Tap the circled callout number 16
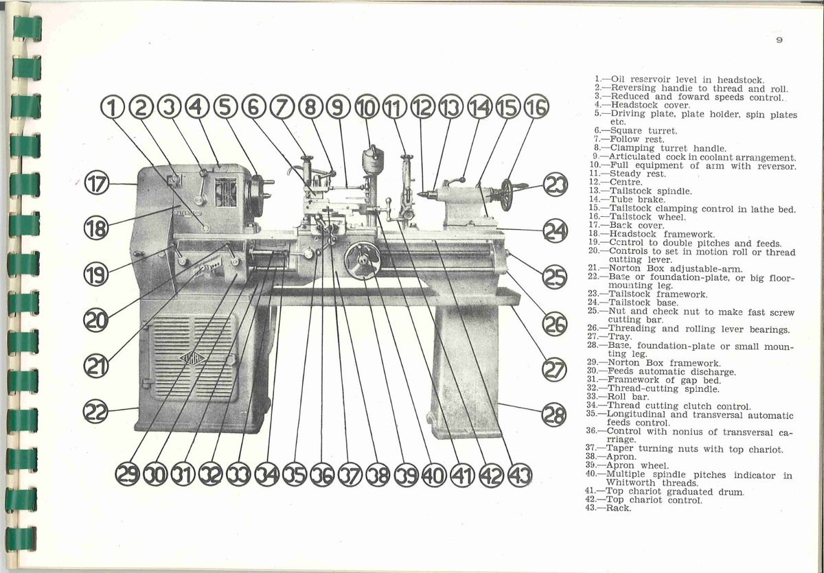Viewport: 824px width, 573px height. point(537,106)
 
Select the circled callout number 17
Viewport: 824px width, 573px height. point(97,184)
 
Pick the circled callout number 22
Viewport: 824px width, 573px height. point(95,412)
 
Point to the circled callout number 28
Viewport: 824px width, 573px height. point(554,415)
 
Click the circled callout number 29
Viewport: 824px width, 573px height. point(126,475)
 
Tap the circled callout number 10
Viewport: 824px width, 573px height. point(367,106)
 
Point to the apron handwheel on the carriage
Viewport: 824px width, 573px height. point(362,260)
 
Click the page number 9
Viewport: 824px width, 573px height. point(779,40)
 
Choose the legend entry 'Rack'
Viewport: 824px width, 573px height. point(617,508)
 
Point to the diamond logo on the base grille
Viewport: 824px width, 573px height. point(192,358)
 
